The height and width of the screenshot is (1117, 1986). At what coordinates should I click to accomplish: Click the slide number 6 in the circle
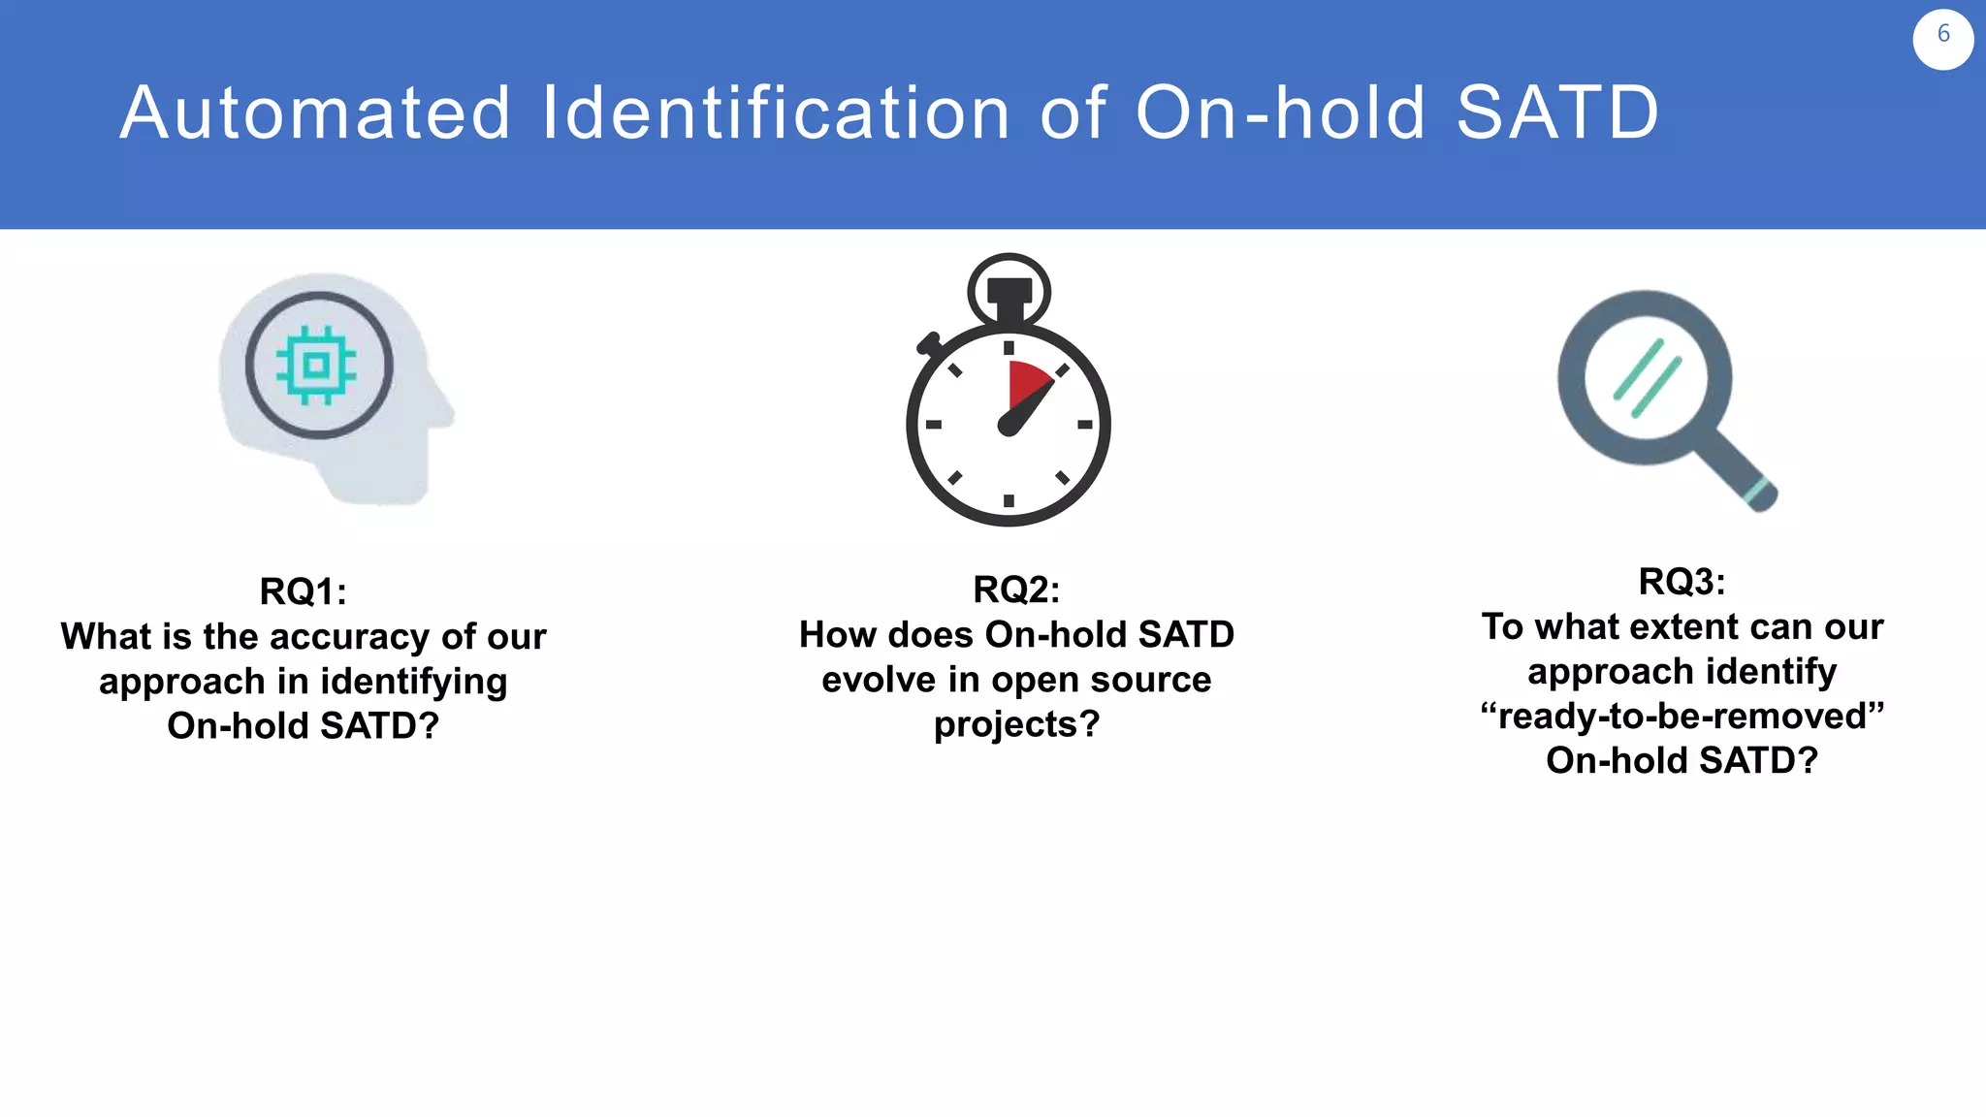coord(1942,35)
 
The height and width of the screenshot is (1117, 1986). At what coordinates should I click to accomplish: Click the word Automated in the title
coord(315,113)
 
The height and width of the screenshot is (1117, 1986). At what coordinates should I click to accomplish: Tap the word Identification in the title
coord(776,113)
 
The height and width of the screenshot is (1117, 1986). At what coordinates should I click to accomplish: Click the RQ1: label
coord(303,591)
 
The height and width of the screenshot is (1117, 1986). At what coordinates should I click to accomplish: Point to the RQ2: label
coord(1016,590)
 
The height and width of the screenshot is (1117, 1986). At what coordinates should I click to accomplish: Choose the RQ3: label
coord(1682,582)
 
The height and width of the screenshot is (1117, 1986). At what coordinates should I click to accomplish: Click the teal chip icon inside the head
coord(316,366)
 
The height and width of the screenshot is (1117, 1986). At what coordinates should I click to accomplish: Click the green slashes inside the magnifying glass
coord(1647,378)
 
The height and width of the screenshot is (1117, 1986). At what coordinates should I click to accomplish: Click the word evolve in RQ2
coord(879,680)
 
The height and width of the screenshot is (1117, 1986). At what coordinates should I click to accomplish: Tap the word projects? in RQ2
coord(1016,724)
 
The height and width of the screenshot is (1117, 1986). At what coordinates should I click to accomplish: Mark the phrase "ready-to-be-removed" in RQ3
coord(1682,717)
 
